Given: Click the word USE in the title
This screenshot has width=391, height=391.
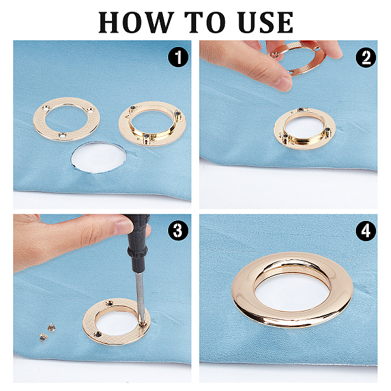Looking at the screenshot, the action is (x=266, y=22).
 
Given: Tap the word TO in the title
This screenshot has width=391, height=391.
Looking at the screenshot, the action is (x=205, y=22).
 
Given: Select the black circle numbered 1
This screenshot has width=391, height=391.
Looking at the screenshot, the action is (x=178, y=57).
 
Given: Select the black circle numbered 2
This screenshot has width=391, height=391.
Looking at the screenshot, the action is (x=366, y=57).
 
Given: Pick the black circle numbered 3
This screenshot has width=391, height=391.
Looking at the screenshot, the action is (x=178, y=231).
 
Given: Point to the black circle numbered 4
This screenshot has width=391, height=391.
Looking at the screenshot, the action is (x=366, y=231).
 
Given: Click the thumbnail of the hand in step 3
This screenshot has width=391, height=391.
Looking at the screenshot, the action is (x=124, y=226).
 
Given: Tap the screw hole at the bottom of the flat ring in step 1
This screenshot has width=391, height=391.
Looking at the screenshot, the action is (x=63, y=136).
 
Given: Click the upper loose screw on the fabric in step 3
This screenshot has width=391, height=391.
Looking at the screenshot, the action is (x=51, y=327).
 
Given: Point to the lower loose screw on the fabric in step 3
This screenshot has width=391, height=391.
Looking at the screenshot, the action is (x=44, y=337).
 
